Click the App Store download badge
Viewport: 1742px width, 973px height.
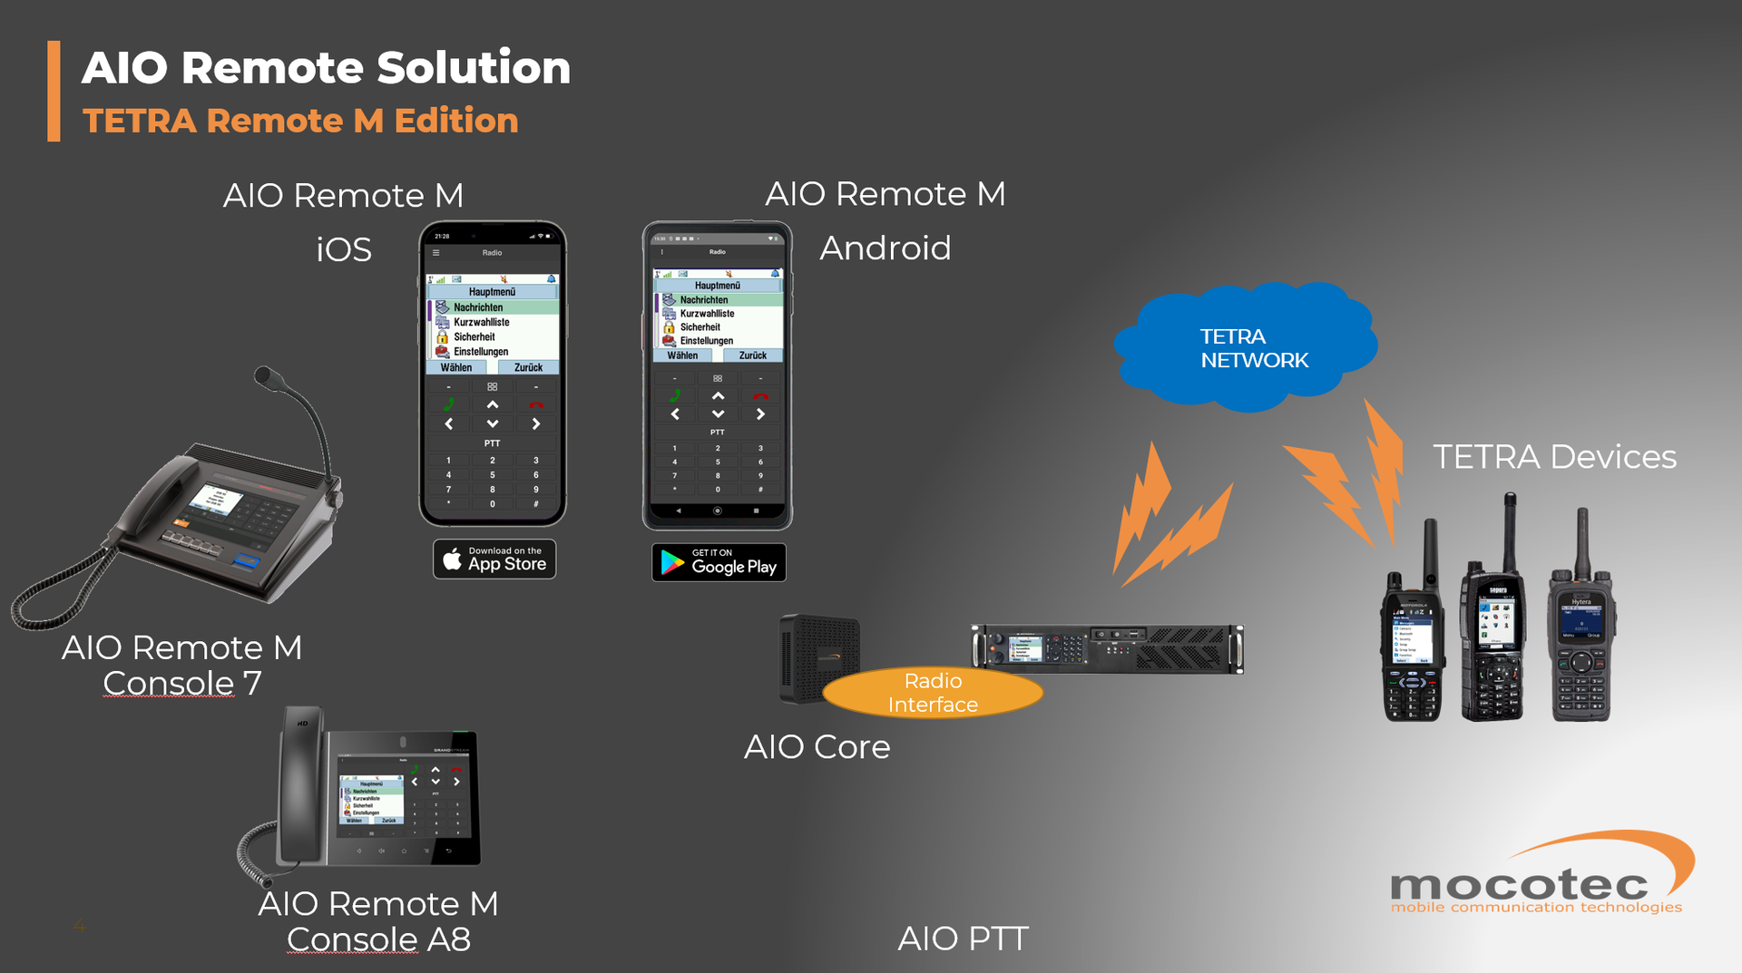[494, 559]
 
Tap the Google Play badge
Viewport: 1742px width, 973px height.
[719, 562]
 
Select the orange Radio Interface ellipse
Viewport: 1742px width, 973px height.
[933, 693]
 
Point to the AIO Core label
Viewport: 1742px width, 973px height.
[817, 747]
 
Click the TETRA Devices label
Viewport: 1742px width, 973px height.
[1553, 457]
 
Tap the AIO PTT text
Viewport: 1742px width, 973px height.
[963, 939]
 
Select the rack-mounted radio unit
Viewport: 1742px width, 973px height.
[1107, 648]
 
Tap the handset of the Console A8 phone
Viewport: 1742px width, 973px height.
[300, 789]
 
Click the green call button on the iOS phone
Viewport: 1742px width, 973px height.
[448, 404]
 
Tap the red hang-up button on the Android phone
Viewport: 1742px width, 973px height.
[760, 396]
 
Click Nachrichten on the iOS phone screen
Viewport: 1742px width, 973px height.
[478, 307]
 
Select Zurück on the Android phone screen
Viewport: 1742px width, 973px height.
[752, 355]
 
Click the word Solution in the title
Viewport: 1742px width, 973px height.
[474, 68]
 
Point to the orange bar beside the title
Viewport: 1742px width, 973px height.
[54, 91]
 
